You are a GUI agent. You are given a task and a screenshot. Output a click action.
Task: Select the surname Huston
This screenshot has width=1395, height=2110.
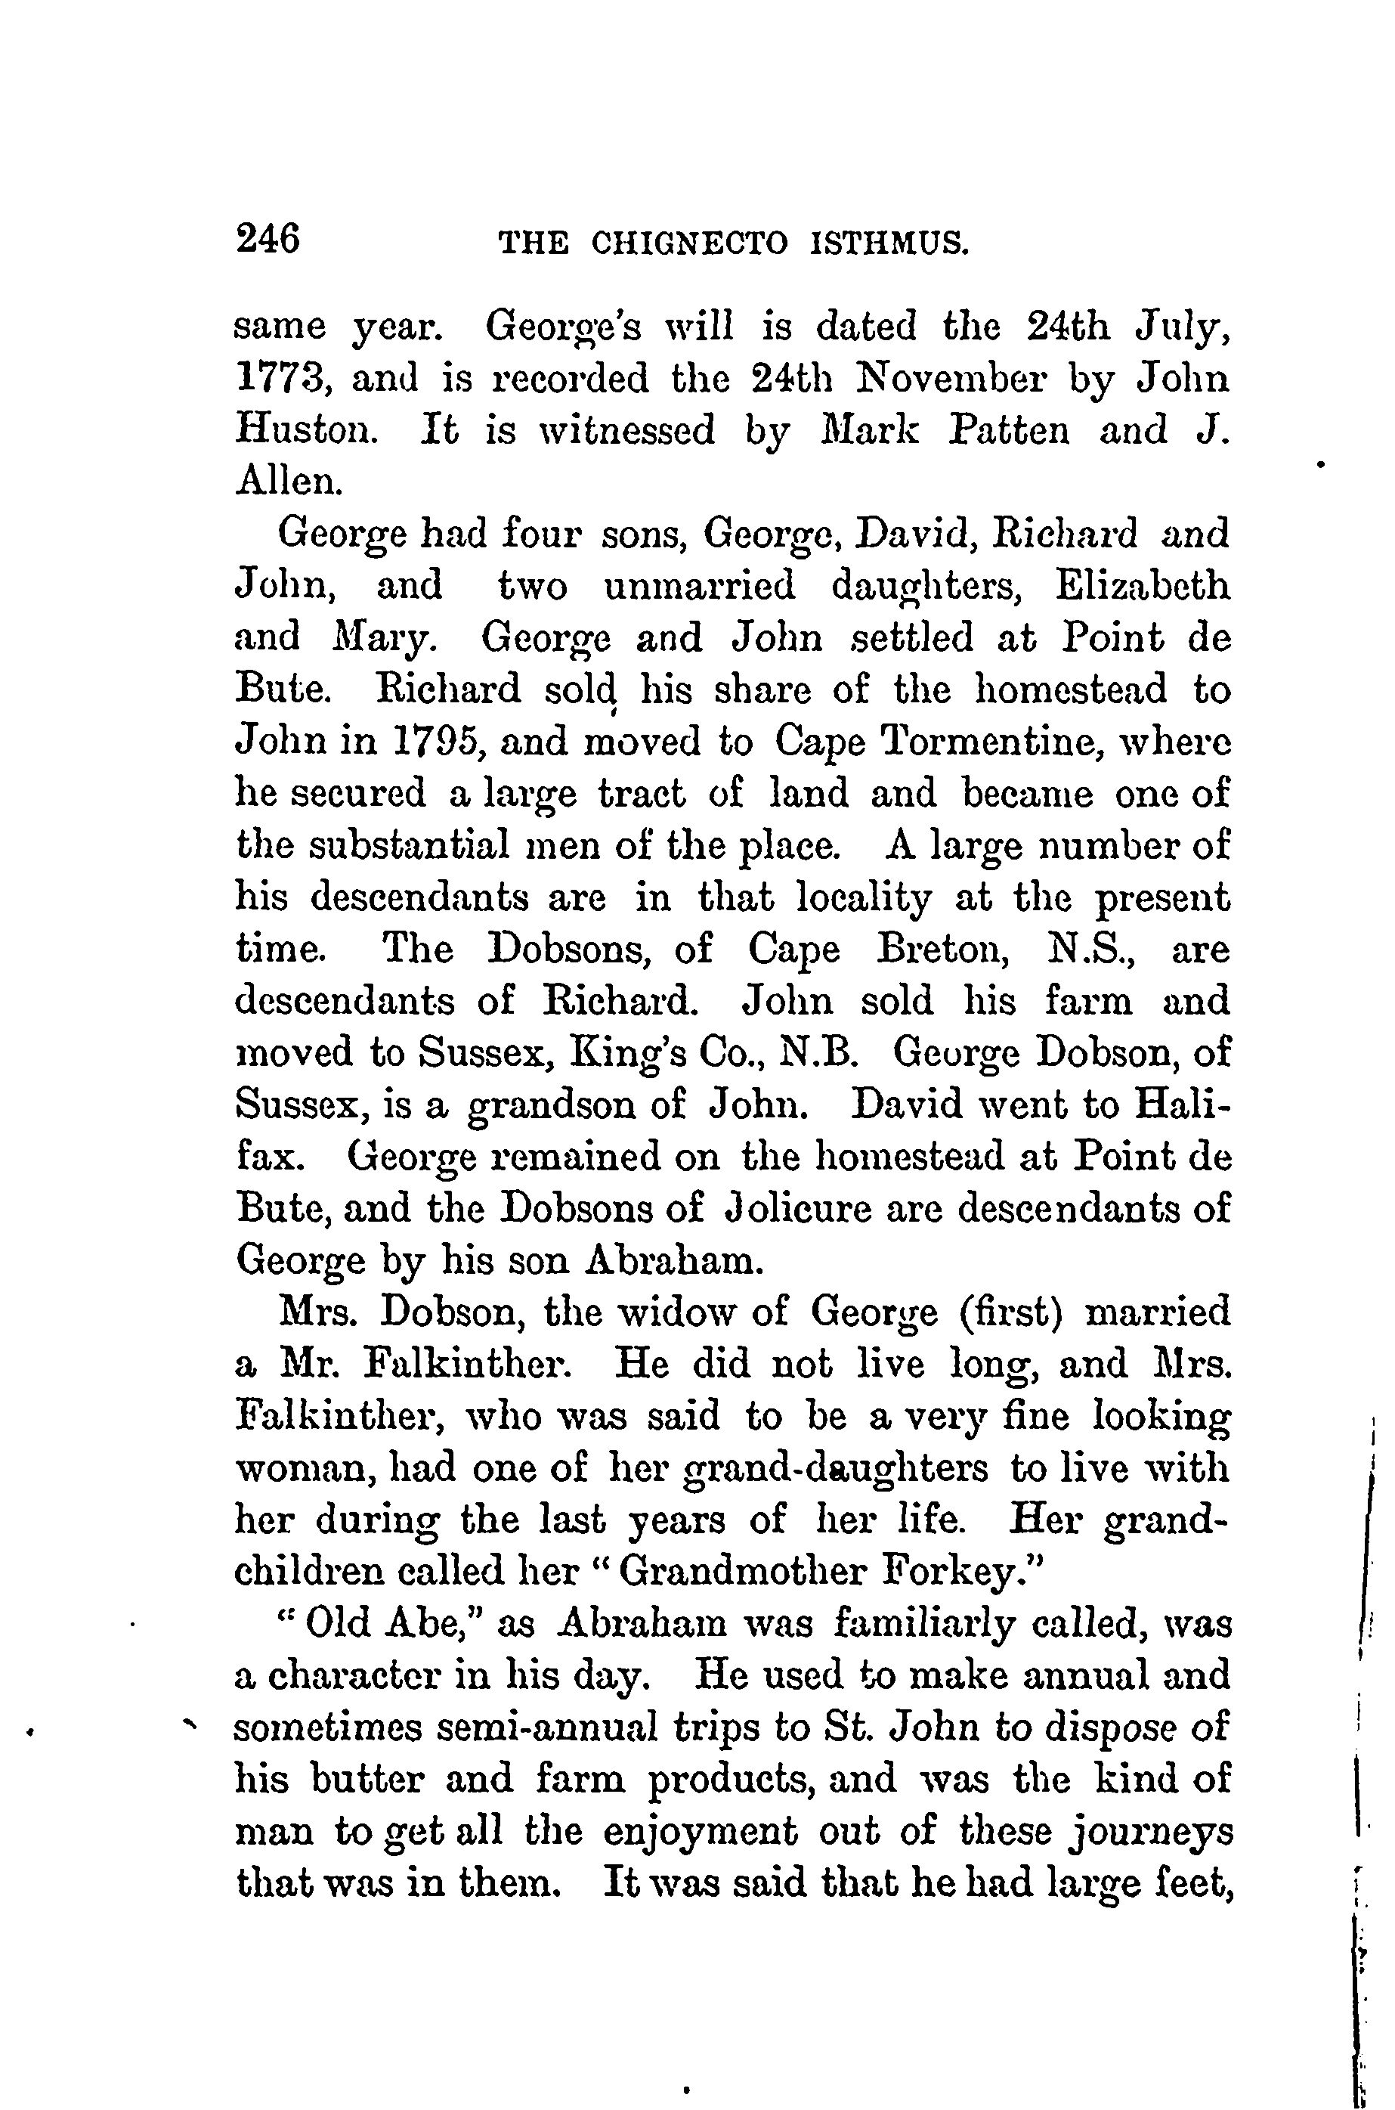(299, 432)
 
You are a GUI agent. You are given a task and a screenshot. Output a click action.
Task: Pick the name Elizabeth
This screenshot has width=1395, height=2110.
(1143, 587)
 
